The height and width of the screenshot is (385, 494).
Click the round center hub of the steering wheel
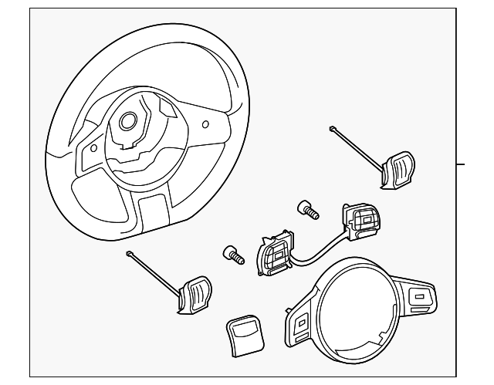pyautogui.click(x=127, y=120)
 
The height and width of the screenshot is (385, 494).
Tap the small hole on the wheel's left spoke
pyautogui.click(x=93, y=147)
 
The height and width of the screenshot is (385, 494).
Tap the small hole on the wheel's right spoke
pyautogui.click(x=205, y=123)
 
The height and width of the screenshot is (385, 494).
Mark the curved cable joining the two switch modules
pyautogui.click(x=316, y=250)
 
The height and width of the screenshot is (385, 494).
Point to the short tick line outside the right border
pyautogui.click(x=461, y=164)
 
